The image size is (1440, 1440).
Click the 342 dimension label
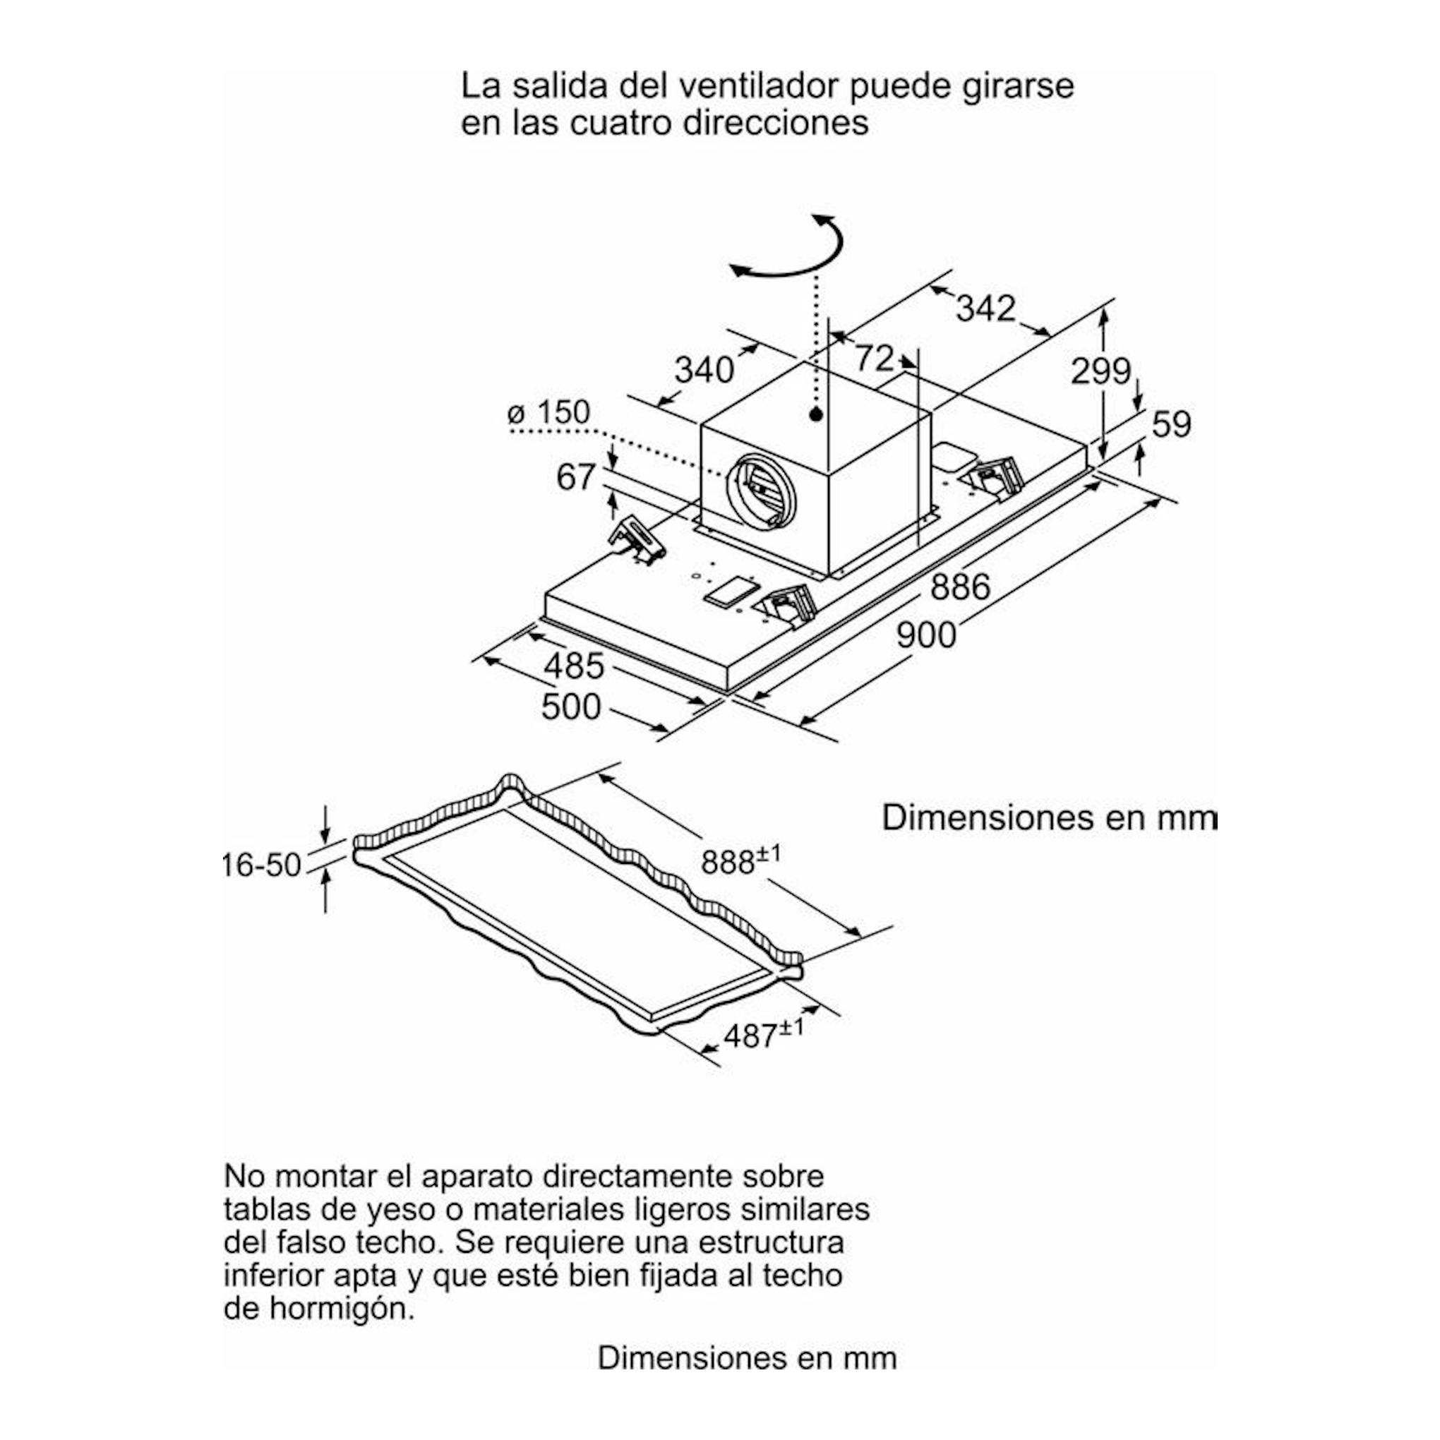(x=985, y=308)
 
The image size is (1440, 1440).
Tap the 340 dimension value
(x=704, y=370)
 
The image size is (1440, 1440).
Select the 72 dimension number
(x=874, y=358)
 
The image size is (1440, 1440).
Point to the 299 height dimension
(x=1101, y=371)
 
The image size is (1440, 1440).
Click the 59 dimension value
(x=1172, y=424)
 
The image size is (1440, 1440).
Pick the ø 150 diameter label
(x=548, y=412)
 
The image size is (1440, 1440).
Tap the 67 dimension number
(x=576, y=477)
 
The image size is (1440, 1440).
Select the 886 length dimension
(x=960, y=587)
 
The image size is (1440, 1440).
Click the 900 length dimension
(x=925, y=635)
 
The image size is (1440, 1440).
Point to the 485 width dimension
(x=574, y=666)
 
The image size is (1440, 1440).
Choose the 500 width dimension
(x=571, y=707)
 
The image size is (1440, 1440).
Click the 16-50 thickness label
(x=262, y=865)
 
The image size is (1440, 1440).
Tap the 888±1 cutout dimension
(x=741, y=860)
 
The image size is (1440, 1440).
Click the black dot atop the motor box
(x=816, y=414)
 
